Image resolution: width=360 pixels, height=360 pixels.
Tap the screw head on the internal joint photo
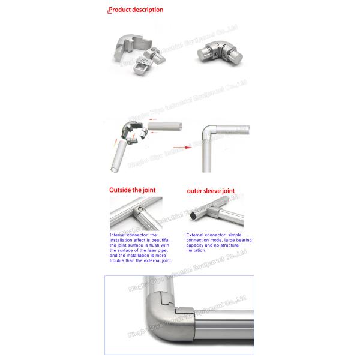140,209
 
